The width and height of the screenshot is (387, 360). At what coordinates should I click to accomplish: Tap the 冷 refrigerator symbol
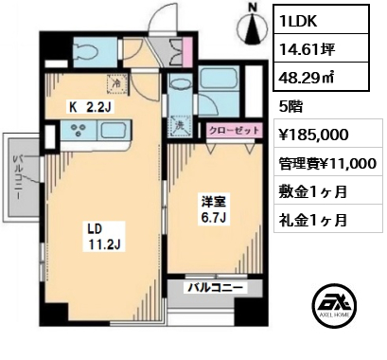click(x=117, y=83)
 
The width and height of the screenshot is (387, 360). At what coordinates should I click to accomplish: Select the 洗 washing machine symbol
click(x=180, y=126)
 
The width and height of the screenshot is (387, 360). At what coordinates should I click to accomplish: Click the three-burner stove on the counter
click(x=78, y=130)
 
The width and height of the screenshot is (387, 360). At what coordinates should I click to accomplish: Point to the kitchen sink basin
click(x=113, y=130)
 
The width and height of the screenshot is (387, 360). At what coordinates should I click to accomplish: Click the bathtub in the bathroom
click(x=220, y=78)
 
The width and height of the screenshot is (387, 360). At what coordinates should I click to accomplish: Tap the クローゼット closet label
click(x=235, y=130)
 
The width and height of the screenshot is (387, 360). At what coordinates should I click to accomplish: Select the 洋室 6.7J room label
click(x=213, y=209)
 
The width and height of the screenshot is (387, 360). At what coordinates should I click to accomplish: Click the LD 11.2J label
click(x=104, y=236)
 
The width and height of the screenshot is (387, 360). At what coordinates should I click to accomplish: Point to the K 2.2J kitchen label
click(x=90, y=108)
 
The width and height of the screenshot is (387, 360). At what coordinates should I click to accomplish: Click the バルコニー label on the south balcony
click(x=216, y=288)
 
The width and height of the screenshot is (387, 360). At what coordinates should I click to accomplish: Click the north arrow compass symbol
click(x=253, y=27)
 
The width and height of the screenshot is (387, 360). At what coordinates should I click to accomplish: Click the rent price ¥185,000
click(x=314, y=135)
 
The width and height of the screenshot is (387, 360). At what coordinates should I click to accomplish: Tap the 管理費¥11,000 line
click(x=327, y=164)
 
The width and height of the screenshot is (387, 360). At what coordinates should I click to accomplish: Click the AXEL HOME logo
click(x=335, y=305)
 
